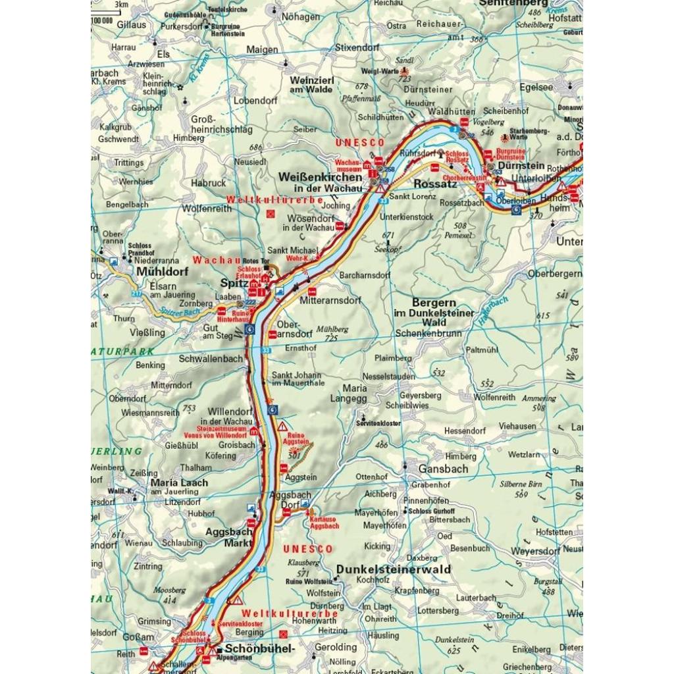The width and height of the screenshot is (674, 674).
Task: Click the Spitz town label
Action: point(234,283)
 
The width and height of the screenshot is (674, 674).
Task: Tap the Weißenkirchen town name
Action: point(321,177)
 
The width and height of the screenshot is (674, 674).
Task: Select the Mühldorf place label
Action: point(162,271)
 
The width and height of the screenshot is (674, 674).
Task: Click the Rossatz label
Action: point(435,184)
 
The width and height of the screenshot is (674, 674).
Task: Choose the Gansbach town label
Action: point(443,469)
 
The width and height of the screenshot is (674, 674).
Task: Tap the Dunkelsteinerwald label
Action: point(394,569)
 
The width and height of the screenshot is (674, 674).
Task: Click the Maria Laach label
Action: point(179,482)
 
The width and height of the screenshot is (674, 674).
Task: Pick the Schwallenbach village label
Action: point(211,359)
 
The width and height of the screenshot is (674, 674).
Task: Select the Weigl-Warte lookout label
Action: point(380,71)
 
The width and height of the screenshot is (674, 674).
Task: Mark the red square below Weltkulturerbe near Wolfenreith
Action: point(270,214)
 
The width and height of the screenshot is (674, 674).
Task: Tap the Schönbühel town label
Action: point(259,648)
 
